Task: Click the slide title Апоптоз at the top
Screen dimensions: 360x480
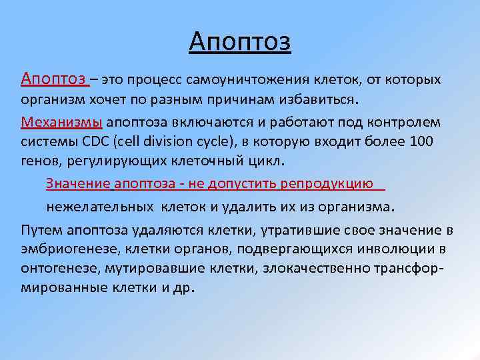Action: click(x=240, y=42)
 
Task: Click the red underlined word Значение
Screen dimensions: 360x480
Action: click(x=78, y=183)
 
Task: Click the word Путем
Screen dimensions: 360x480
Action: click(x=41, y=231)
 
